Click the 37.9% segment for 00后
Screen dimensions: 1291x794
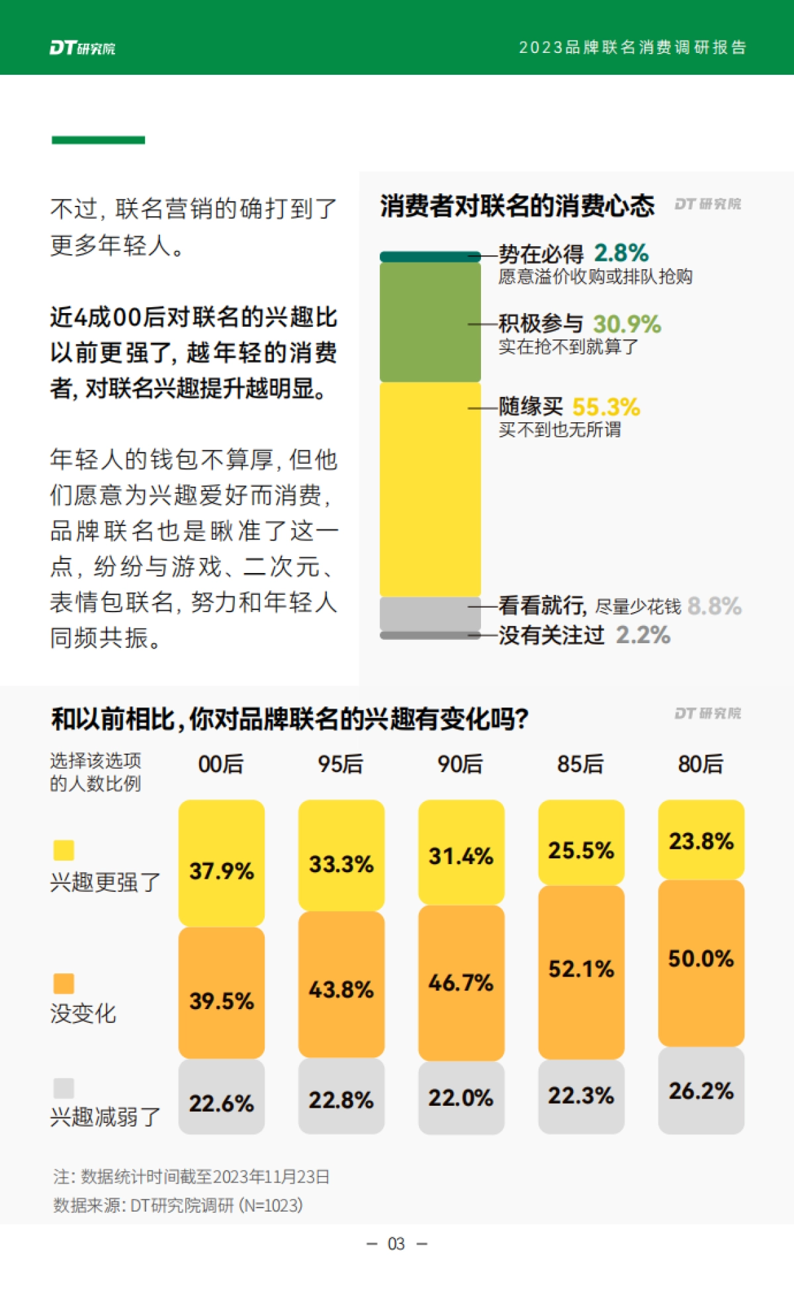pos(221,863)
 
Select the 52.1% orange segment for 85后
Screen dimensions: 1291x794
pos(581,971)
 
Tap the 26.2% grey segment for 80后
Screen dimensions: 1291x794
pos(701,1091)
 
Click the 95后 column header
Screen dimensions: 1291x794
pos(341,764)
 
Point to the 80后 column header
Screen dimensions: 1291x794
pos(701,764)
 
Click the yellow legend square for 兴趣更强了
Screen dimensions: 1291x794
pos(64,850)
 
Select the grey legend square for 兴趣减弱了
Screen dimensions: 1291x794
pos(64,1088)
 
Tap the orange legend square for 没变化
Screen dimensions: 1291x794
pos(64,983)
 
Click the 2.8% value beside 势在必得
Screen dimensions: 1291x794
pos(621,253)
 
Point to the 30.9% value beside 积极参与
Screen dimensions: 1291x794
pos(627,324)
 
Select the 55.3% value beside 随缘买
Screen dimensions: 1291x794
pos(605,407)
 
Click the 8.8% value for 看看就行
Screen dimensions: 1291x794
pos(715,606)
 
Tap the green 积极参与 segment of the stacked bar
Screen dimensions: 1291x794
pos(430,322)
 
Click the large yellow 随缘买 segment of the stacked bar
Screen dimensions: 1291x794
pos(430,490)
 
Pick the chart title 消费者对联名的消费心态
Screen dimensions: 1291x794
pos(517,206)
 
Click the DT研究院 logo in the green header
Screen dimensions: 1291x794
pos(82,48)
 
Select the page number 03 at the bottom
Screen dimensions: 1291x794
pos(396,1244)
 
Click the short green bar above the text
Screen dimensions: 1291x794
pos(98,140)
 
